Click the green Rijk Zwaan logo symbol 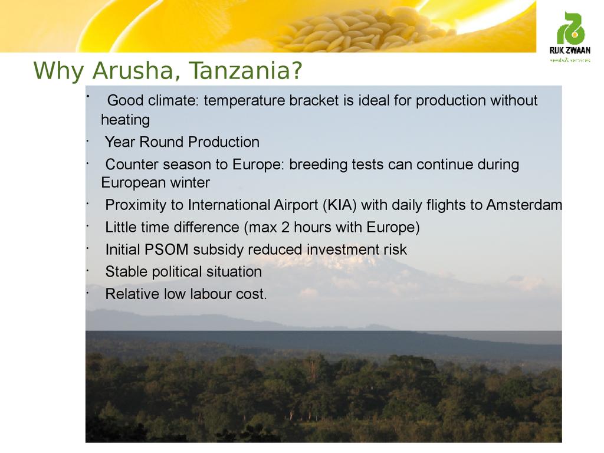tap(570, 28)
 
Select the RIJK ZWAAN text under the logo tap(570, 51)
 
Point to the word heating tap(125, 120)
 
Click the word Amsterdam tap(524, 205)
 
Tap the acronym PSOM tap(166, 250)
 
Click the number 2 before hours tap(285, 227)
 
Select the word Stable tap(126, 271)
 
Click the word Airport tap(296, 205)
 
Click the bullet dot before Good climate tap(88, 96)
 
